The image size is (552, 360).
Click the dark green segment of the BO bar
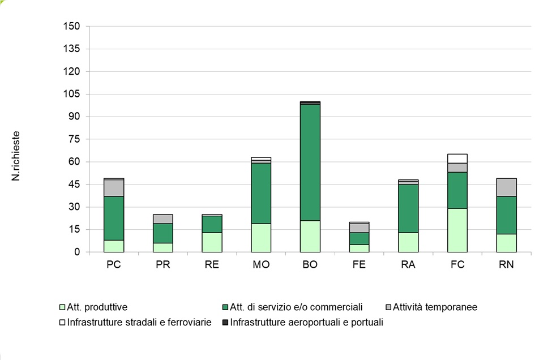(310, 162)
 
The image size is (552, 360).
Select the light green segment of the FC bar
(457, 230)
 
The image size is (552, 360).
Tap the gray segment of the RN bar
(507, 187)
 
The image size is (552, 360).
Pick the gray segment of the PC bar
(114, 188)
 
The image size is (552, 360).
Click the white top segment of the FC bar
(457, 158)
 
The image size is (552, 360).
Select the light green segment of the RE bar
(212, 242)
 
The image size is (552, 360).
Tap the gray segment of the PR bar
(163, 219)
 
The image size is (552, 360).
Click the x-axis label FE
(359, 265)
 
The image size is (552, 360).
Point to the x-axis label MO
(261, 265)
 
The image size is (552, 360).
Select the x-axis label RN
(507, 265)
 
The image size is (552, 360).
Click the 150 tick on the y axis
(74, 27)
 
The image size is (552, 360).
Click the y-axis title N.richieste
(16, 156)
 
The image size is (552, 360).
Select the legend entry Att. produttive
(96, 307)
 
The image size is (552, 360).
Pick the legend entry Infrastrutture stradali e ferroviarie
(139, 323)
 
